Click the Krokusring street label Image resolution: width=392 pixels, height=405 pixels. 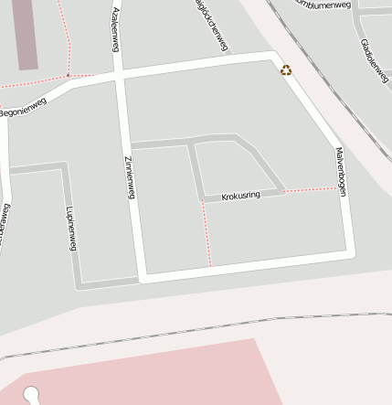(x=240, y=196)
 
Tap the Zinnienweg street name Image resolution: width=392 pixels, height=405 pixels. (x=129, y=173)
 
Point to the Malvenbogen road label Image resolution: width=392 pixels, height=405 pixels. (x=341, y=172)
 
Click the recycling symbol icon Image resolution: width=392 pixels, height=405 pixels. (x=286, y=69)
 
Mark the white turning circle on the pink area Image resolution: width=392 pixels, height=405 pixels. (x=32, y=395)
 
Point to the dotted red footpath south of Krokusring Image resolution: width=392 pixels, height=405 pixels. (x=206, y=234)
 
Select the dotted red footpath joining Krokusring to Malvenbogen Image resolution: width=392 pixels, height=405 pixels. (x=311, y=190)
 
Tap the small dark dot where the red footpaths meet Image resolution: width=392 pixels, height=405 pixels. (x=68, y=75)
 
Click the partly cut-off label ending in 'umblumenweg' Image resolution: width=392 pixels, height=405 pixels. (x=324, y=5)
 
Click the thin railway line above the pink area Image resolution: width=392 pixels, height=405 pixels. (x=183, y=332)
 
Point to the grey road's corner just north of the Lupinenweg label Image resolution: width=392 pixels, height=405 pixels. (x=64, y=167)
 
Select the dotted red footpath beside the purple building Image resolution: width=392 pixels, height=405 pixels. (x=65, y=37)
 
